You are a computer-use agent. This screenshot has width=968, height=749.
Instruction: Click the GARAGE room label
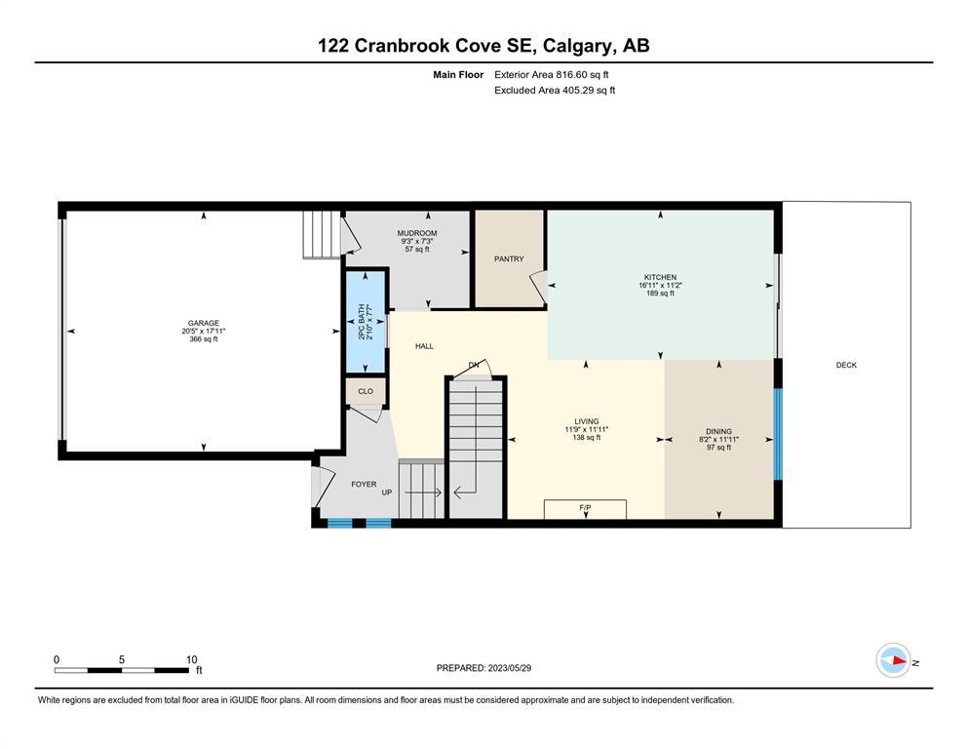[x=203, y=323]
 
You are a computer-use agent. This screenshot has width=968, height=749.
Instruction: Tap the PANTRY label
[x=509, y=259]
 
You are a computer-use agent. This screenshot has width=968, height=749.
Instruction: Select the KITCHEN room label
[x=661, y=277]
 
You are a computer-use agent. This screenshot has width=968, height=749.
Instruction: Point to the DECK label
[x=846, y=365]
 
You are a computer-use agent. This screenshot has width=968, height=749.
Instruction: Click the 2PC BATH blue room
[x=366, y=322]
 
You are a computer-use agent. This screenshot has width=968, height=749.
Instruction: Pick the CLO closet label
[x=366, y=391]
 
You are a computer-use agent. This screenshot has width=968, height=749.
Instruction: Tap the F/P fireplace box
[x=585, y=509]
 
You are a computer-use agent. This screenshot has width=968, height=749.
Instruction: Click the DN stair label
[x=474, y=365]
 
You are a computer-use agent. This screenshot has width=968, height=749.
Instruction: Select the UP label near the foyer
[x=386, y=493]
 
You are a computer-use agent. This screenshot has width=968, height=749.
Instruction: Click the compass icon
[x=893, y=660]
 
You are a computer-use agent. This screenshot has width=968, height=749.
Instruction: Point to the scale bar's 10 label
[x=191, y=659]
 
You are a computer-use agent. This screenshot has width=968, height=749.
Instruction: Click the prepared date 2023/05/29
[x=509, y=668]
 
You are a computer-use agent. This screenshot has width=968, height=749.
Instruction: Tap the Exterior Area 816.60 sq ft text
[x=552, y=75]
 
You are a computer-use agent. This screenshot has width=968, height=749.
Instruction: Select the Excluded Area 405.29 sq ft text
[x=555, y=90]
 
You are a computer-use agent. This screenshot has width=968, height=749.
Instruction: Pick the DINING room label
[x=718, y=432]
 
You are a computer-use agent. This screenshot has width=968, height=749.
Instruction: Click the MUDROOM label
[x=416, y=233]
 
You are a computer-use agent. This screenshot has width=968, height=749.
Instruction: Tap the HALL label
[x=424, y=346]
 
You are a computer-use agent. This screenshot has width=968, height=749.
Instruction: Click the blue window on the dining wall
[x=779, y=434]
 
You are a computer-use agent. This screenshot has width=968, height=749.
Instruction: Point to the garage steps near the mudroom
[x=321, y=235]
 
